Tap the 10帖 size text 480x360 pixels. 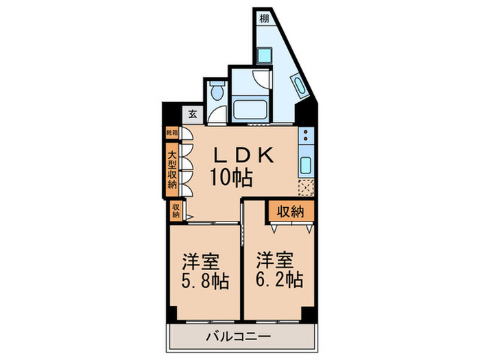coord(230,178)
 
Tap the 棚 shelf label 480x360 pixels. coord(265,18)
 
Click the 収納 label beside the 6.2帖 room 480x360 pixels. coord(291,212)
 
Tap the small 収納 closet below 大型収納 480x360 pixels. coord(176,211)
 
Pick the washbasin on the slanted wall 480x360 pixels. coord(298,86)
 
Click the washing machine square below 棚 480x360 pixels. coord(266,53)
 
